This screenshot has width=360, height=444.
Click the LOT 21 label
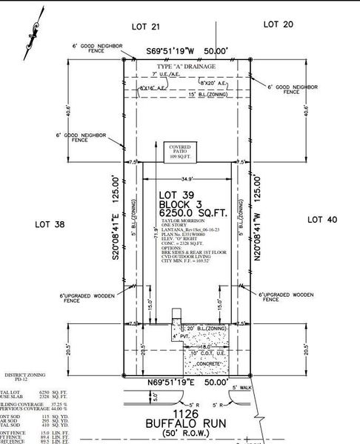pyautogui.click(x=145, y=26)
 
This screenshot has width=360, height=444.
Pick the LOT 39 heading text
pyautogui.click(x=176, y=195)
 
